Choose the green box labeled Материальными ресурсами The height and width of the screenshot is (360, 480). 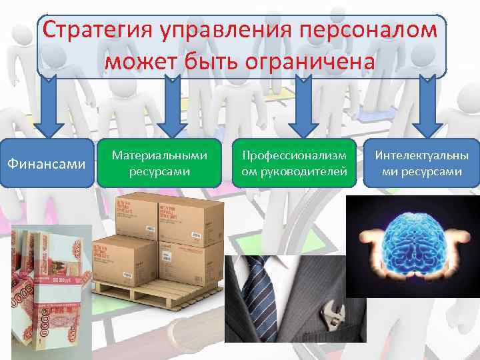point(159,163)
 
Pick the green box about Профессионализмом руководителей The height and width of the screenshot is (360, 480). point(294,163)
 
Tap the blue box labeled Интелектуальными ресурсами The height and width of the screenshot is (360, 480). point(421,163)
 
